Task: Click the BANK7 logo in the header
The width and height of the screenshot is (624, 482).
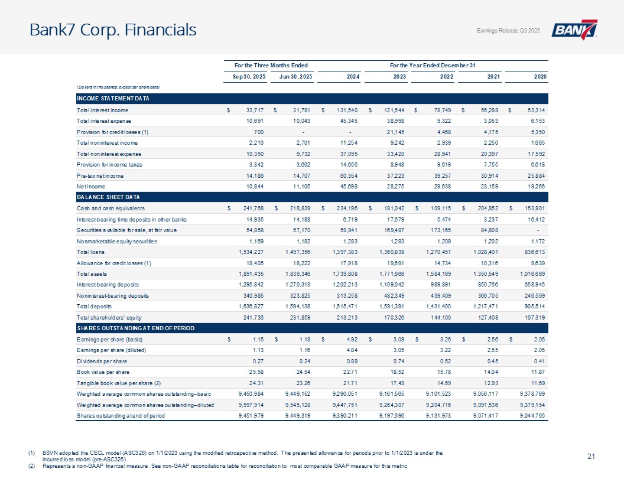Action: [575, 31]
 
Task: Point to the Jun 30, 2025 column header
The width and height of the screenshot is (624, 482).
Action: [291, 76]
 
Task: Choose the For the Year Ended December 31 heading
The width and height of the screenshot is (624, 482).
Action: [432, 64]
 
